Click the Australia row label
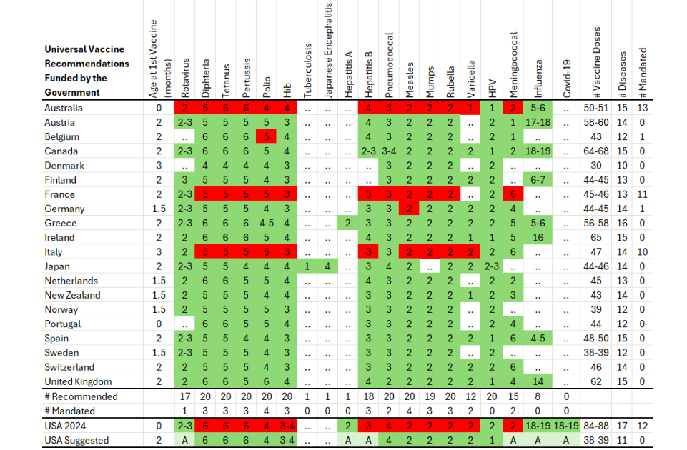[x=64, y=108]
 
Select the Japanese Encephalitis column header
[x=327, y=50]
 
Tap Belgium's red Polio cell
[x=266, y=136]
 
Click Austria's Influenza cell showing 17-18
[x=538, y=122]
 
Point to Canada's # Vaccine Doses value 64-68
[x=596, y=151]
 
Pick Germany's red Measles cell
[x=409, y=209]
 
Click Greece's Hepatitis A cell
[x=348, y=224]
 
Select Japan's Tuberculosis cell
[x=307, y=266]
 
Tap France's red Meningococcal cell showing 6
[x=513, y=194]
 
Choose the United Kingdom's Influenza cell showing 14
[x=538, y=381]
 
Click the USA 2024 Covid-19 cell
[x=566, y=426]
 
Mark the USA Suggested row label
[x=76, y=441]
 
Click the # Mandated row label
[x=69, y=411]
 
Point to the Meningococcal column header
[x=513, y=65]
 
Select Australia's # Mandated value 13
[x=642, y=108]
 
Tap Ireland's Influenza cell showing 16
[x=538, y=238]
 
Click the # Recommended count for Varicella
[x=470, y=396]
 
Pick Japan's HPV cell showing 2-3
[x=492, y=266]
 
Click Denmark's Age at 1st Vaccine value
[x=159, y=166]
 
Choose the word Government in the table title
[x=72, y=92]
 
